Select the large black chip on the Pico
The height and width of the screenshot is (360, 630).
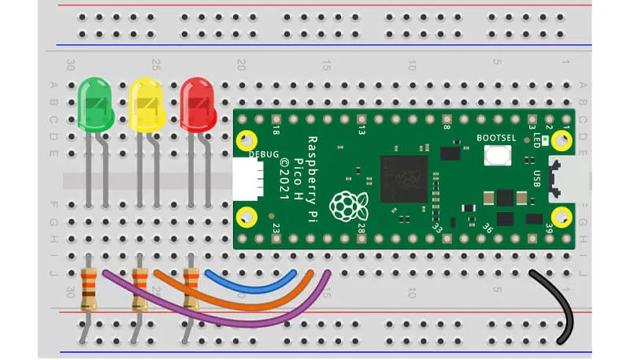coord(403,179)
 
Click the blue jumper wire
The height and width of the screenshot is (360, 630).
coord(252,282)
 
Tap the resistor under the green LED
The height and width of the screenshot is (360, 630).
coord(90,287)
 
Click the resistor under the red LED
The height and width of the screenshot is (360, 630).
coord(190,287)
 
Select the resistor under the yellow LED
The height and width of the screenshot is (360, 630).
coord(140,287)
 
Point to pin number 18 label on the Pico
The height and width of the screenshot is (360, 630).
coord(276,128)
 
